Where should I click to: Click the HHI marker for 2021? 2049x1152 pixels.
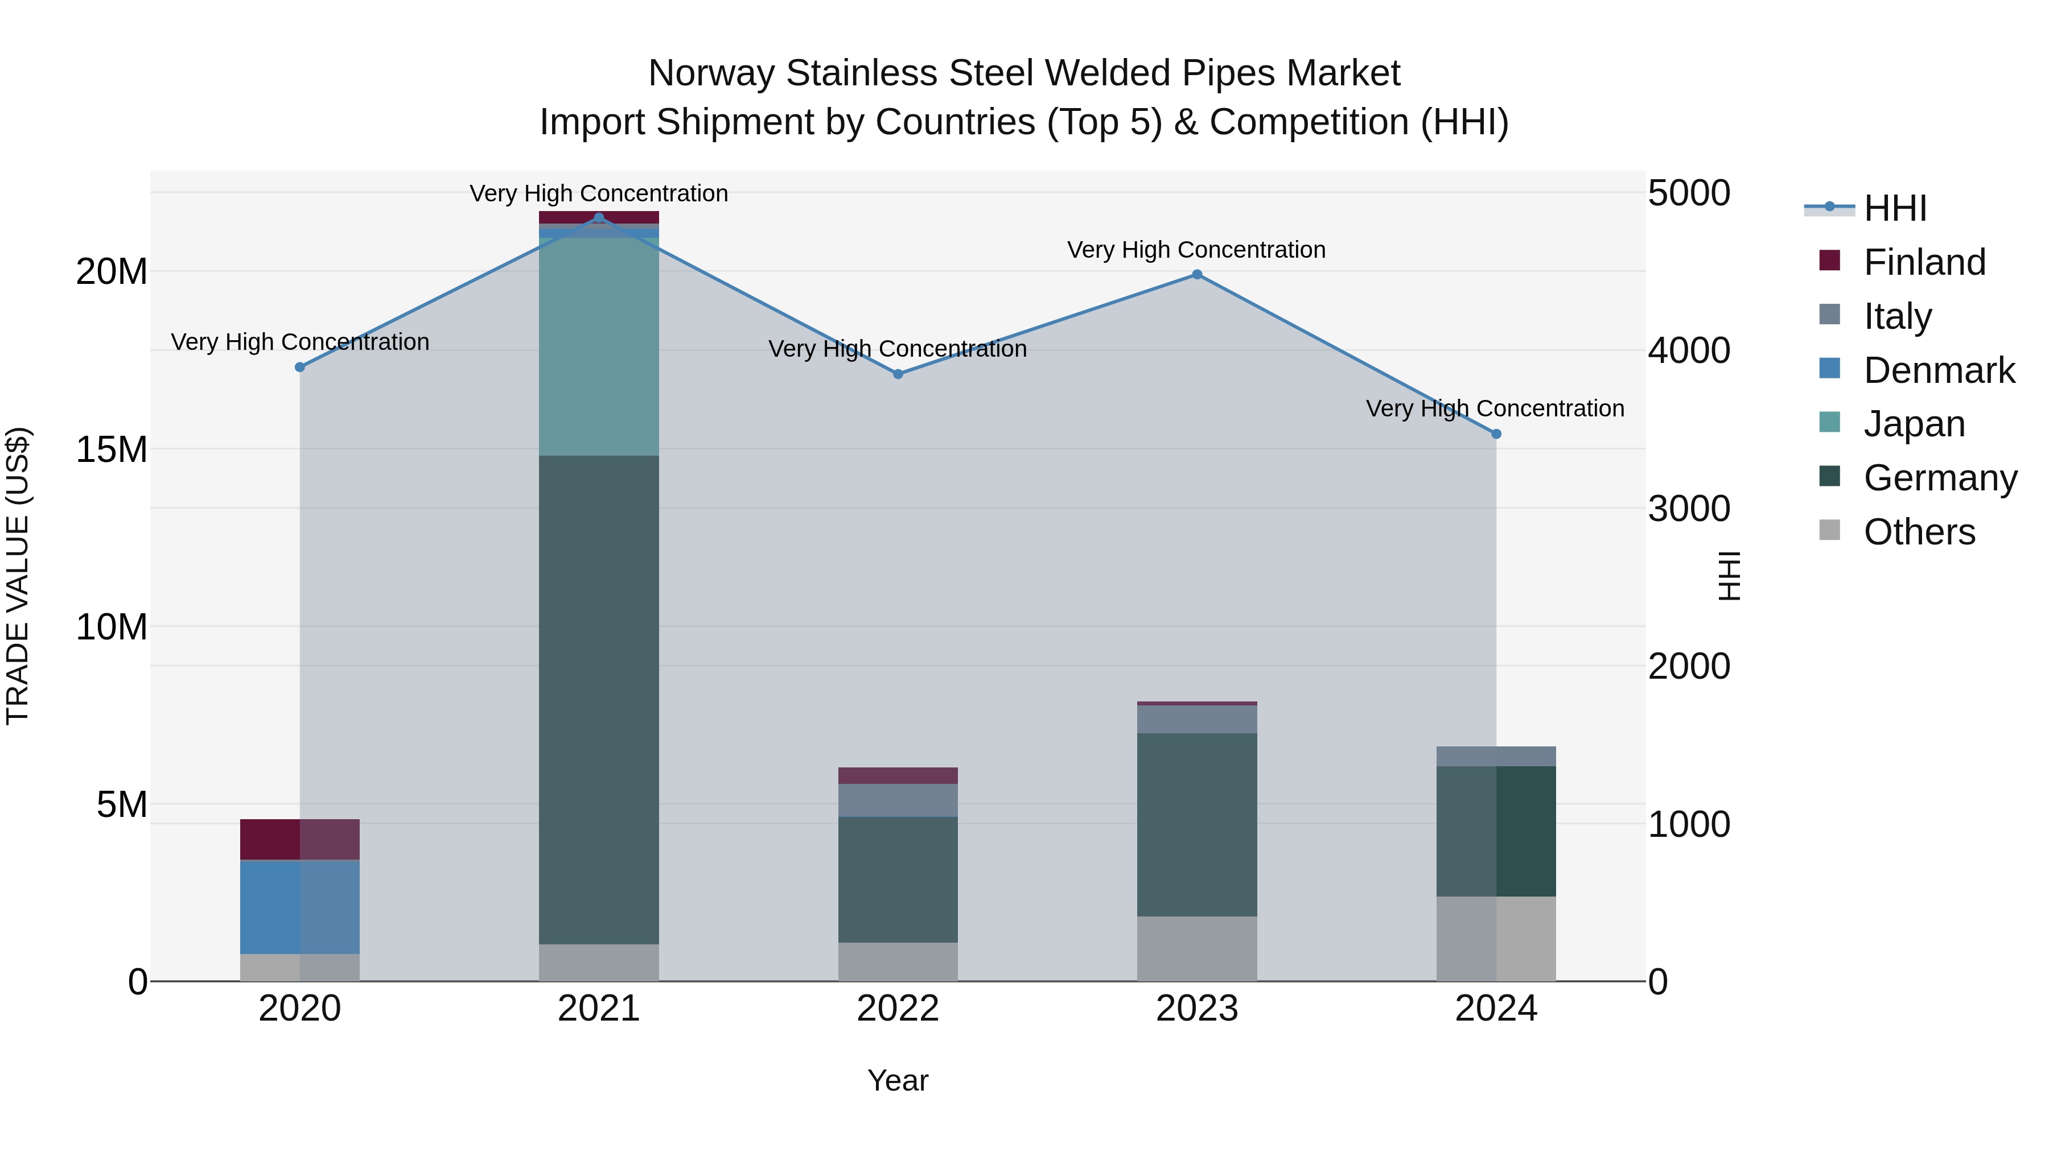pyautogui.click(x=599, y=218)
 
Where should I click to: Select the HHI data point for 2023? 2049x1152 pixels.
pyautogui.click(x=1197, y=274)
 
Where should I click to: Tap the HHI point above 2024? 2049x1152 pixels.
pyautogui.click(x=1496, y=434)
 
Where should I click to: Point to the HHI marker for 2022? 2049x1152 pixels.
pyautogui.click(x=898, y=374)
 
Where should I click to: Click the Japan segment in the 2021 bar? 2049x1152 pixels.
pyautogui.click(x=599, y=346)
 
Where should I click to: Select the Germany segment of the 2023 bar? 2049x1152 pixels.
pyautogui.click(x=1197, y=824)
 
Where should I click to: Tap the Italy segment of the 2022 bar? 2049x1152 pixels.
pyautogui.click(x=898, y=800)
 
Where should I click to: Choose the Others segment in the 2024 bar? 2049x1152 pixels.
pyautogui.click(x=1496, y=938)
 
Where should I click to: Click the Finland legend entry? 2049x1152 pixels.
pyautogui.click(x=1924, y=262)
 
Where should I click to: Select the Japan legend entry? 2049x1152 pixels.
pyautogui.click(x=1914, y=424)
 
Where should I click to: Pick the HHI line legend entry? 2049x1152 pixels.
pyautogui.click(x=1895, y=208)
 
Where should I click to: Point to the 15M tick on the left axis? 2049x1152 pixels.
pyautogui.click(x=112, y=450)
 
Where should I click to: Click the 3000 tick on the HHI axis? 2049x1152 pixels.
pyautogui.click(x=1689, y=509)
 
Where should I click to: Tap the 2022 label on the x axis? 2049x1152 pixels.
pyautogui.click(x=898, y=1009)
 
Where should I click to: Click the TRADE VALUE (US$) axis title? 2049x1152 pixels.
pyautogui.click(x=18, y=576)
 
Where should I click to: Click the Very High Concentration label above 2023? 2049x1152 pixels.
pyautogui.click(x=1196, y=250)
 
